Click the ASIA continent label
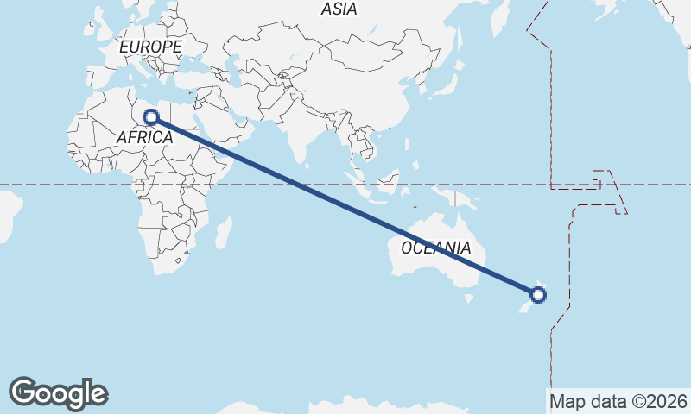339,9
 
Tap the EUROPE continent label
151,47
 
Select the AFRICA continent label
144,137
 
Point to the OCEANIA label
436,248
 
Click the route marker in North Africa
151,116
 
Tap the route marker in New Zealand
538,295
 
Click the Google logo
58,393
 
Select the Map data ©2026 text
618,401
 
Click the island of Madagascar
223,232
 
